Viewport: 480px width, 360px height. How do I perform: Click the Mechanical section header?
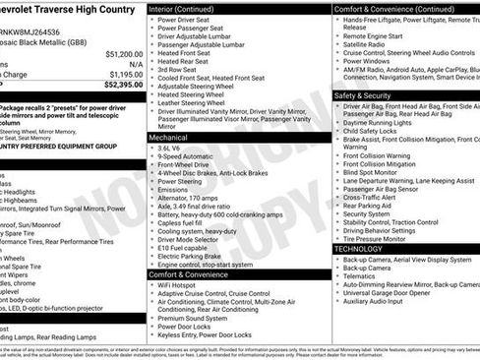click(168, 138)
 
